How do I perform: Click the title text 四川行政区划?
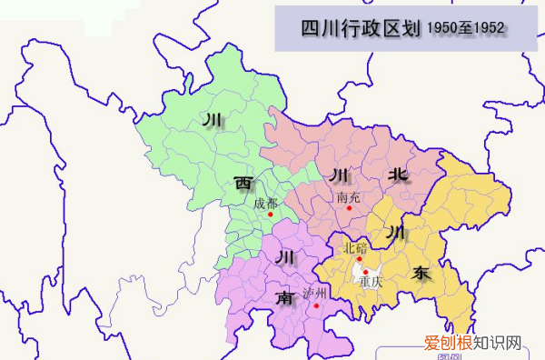coord(360,29)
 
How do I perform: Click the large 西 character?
coord(243,184)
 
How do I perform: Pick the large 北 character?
coord(398,175)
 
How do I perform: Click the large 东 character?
coord(421,272)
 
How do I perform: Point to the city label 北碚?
coord(355,247)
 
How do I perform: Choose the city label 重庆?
coord(371,282)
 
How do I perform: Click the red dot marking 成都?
coord(270,215)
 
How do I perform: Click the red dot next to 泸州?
coord(316,305)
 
